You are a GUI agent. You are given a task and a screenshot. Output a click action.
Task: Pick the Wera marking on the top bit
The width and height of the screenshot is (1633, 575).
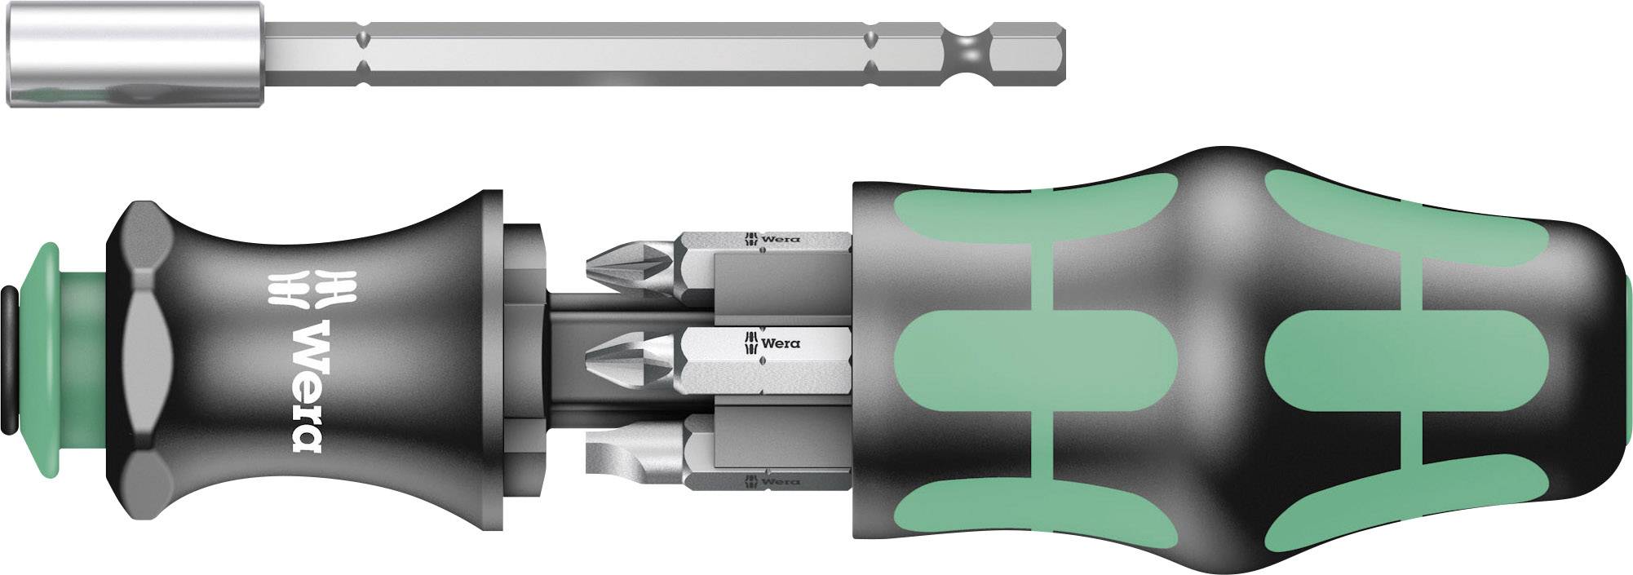pos(770,239)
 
